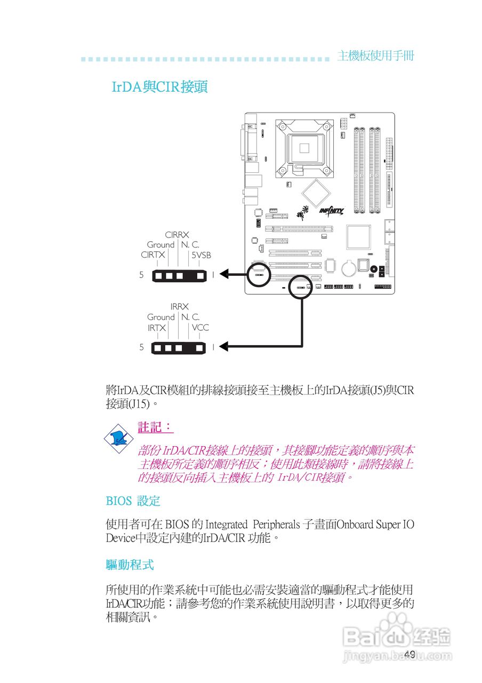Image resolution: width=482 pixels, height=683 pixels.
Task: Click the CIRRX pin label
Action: pyautogui.click(x=177, y=235)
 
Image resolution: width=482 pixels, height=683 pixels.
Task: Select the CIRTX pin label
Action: pyautogui.click(x=153, y=255)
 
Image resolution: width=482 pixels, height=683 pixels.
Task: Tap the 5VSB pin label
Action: pyautogui.click(x=202, y=255)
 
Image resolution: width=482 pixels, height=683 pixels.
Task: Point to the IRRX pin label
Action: pyautogui.click(x=180, y=307)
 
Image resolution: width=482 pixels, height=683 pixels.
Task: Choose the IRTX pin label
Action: pyautogui.click(x=157, y=328)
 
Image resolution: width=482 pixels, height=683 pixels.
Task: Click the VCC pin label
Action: pyautogui.click(x=200, y=328)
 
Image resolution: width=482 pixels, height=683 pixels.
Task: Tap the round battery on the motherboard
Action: pyautogui.click(x=348, y=267)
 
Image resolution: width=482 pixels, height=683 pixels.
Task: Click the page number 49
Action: pyautogui.click(x=409, y=655)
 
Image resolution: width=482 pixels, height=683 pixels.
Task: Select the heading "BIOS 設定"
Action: pyautogui.click(x=133, y=501)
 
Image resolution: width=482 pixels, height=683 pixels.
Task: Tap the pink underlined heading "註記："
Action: pyautogui.click(x=155, y=427)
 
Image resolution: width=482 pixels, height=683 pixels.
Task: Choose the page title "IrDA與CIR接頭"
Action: pyautogui.click(x=159, y=87)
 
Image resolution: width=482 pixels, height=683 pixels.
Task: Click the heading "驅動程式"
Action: pyautogui.click(x=130, y=564)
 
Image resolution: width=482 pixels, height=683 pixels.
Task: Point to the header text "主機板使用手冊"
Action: pyautogui.click(x=376, y=56)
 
